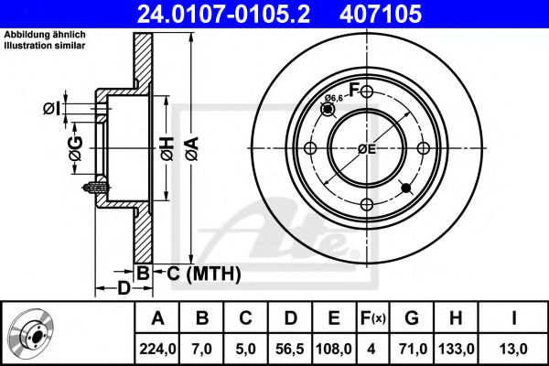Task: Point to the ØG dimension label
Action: [75, 146]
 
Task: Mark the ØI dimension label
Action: [52, 109]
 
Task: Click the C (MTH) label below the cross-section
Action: [203, 273]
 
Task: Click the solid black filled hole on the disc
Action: [407, 188]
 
